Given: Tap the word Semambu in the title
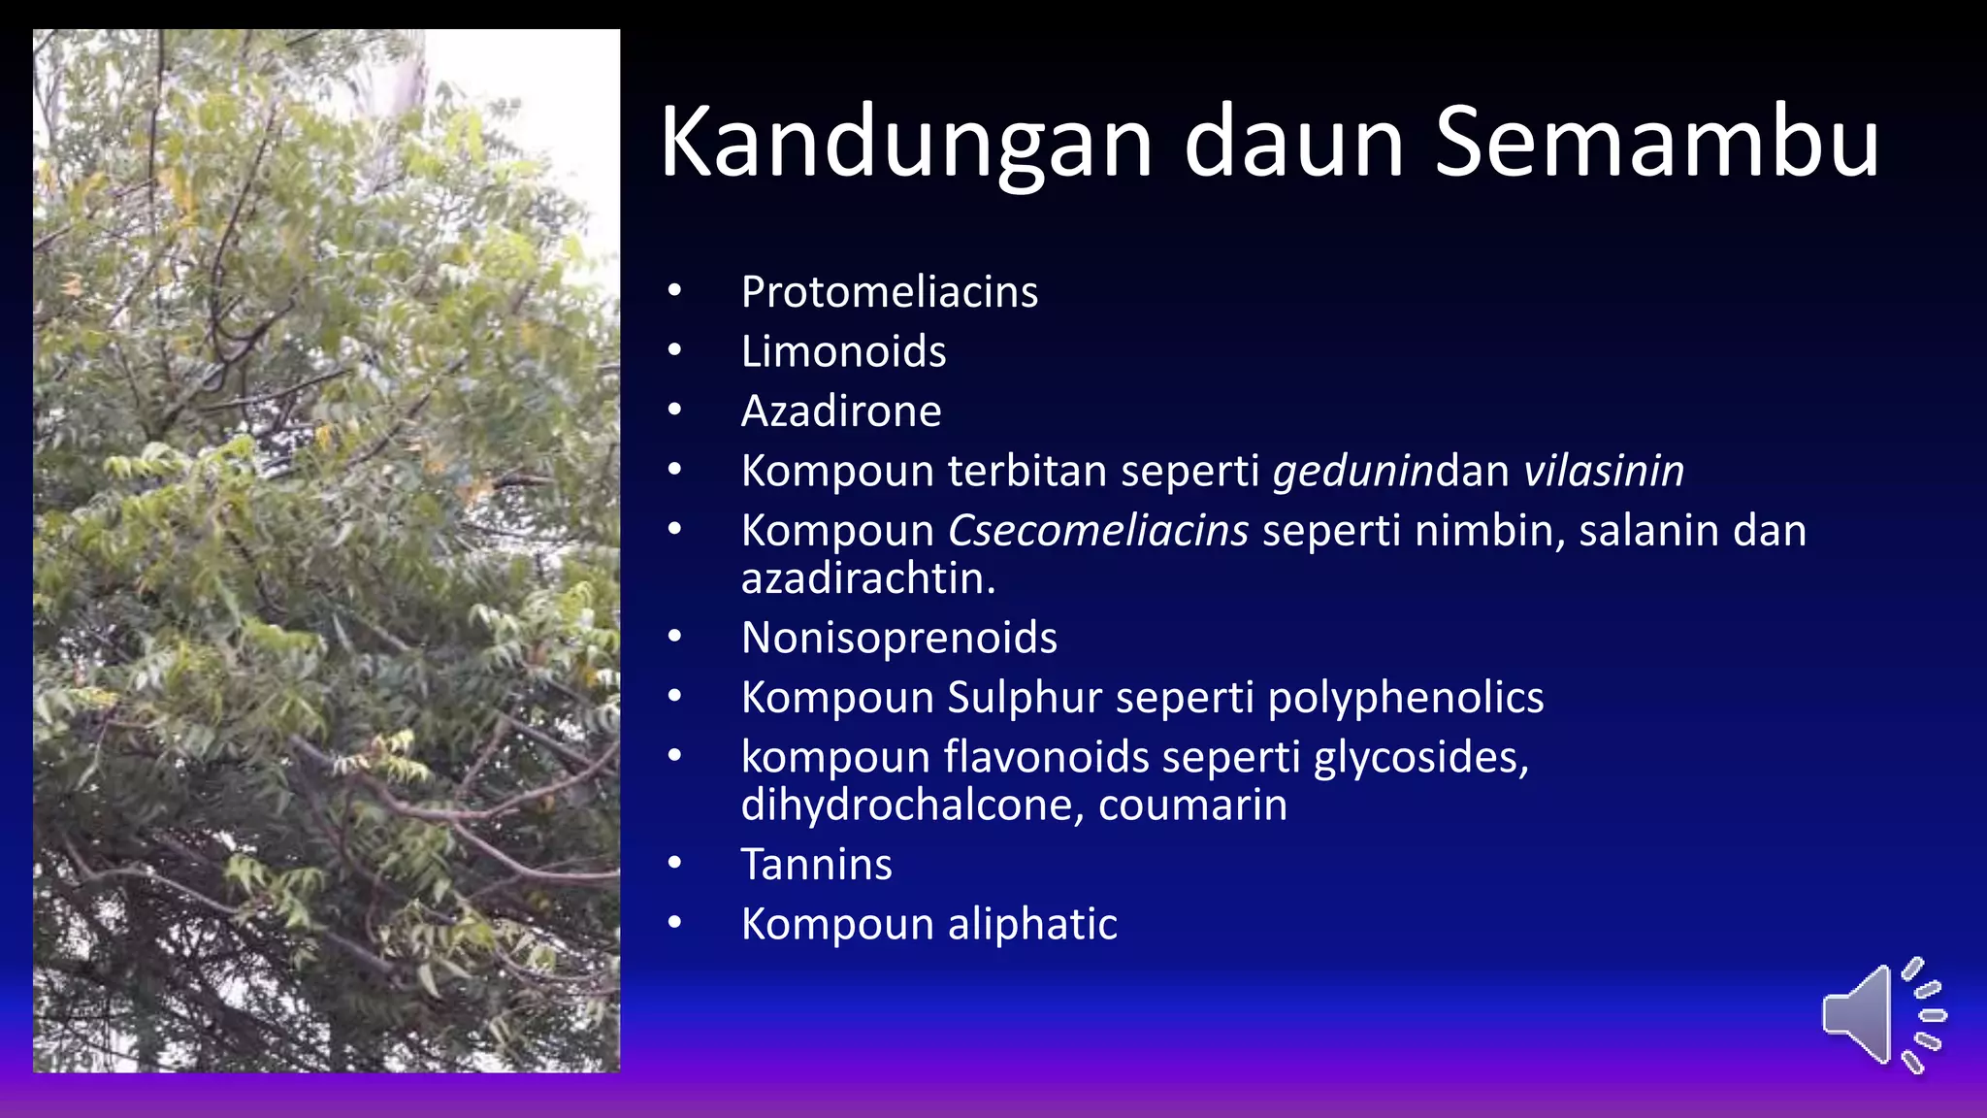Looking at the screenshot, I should click(1657, 144).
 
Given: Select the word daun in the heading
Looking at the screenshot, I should click(1293, 144).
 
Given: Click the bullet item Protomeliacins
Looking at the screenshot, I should click(889, 292).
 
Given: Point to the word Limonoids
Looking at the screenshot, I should click(843, 351).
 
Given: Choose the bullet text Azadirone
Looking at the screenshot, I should click(840, 411).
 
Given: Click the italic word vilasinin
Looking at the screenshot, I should click(1603, 471).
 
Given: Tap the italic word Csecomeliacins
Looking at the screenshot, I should click(1097, 531).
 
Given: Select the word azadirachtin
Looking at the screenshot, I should click(867, 579).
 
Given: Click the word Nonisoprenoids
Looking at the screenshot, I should click(898, 638).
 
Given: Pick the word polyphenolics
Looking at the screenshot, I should click(1405, 698).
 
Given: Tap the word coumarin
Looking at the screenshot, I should click(1192, 806).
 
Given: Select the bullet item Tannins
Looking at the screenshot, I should click(816, 865).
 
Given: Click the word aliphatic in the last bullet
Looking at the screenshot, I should click(1032, 924).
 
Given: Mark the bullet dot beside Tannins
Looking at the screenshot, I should click(674, 864).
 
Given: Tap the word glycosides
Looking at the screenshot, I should click(1420, 758).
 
